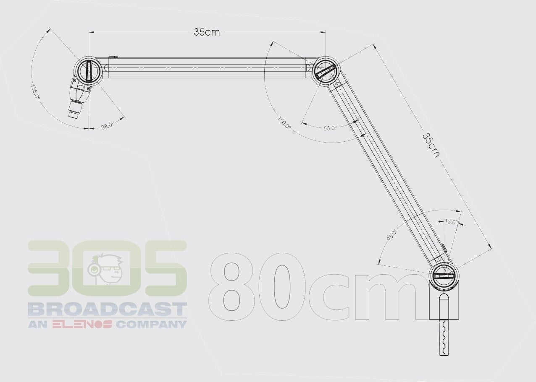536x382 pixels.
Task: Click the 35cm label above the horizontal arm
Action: pos(207,32)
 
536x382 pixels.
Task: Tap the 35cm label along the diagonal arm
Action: pos(431,145)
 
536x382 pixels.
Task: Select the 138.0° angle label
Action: pos(35,91)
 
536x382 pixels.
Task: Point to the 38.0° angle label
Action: pos(108,125)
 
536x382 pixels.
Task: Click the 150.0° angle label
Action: pos(284,122)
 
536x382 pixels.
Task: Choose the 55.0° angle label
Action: pos(330,128)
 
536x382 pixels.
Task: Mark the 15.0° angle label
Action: pos(451,222)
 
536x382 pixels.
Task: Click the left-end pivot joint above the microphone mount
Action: pos(89,70)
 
